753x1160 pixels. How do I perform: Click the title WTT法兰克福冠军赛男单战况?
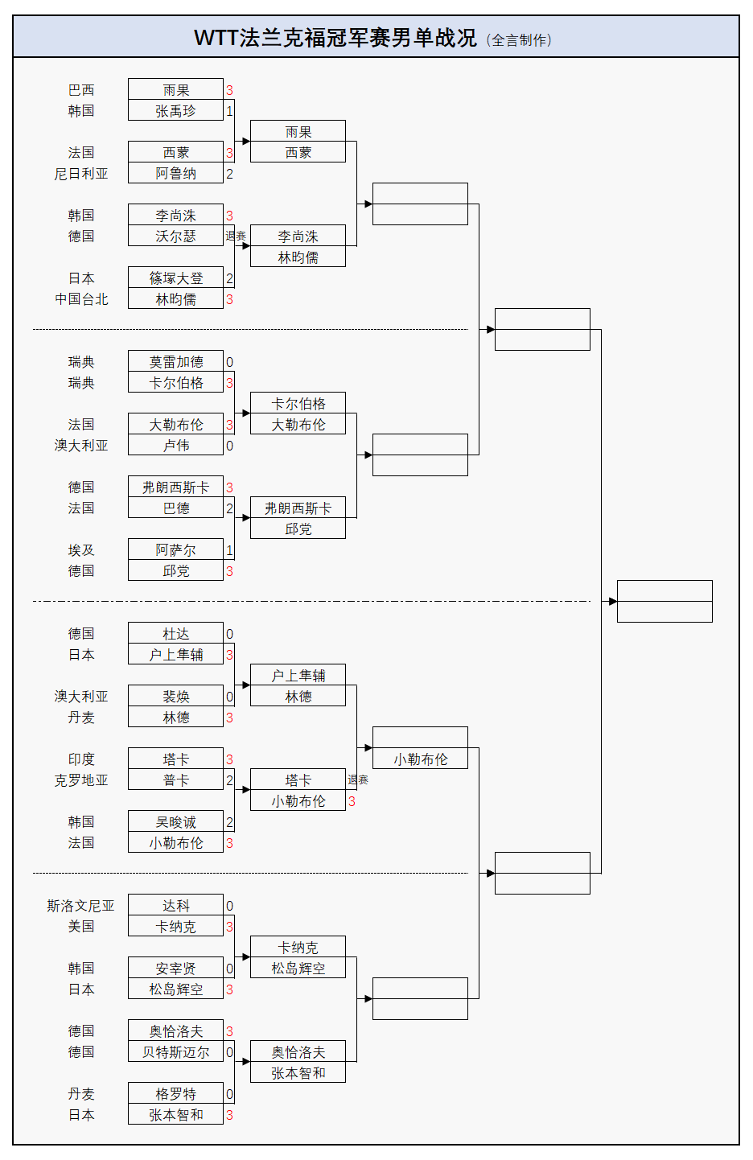tap(335, 38)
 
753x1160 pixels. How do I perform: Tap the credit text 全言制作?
tap(520, 40)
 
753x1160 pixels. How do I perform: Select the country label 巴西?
tap(81, 90)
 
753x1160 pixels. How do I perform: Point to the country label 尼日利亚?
tap(81, 174)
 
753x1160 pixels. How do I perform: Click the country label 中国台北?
tap(81, 299)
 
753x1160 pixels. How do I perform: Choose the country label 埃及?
tap(81, 550)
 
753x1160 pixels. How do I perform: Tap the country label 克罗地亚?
tap(81, 780)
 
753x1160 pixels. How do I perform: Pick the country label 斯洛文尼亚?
tap(81, 906)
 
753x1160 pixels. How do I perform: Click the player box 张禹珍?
tap(175, 111)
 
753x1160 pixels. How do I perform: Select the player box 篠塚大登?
tap(175, 278)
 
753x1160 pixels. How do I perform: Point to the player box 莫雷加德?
tap(175, 362)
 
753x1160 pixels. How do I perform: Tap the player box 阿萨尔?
tap(175, 550)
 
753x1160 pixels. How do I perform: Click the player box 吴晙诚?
tap(175, 822)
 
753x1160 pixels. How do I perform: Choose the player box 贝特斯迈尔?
tap(175, 1052)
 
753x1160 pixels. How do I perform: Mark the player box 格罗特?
tap(175, 1094)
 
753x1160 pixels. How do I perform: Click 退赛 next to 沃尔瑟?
tap(236, 237)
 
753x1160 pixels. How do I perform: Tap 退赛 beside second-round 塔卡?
tap(358, 780)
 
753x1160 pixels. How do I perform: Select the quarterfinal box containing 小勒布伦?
tap(420, 759)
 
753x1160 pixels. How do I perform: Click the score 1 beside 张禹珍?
tap(229, 111)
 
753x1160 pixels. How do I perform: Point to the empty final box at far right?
tap(665, 601)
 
